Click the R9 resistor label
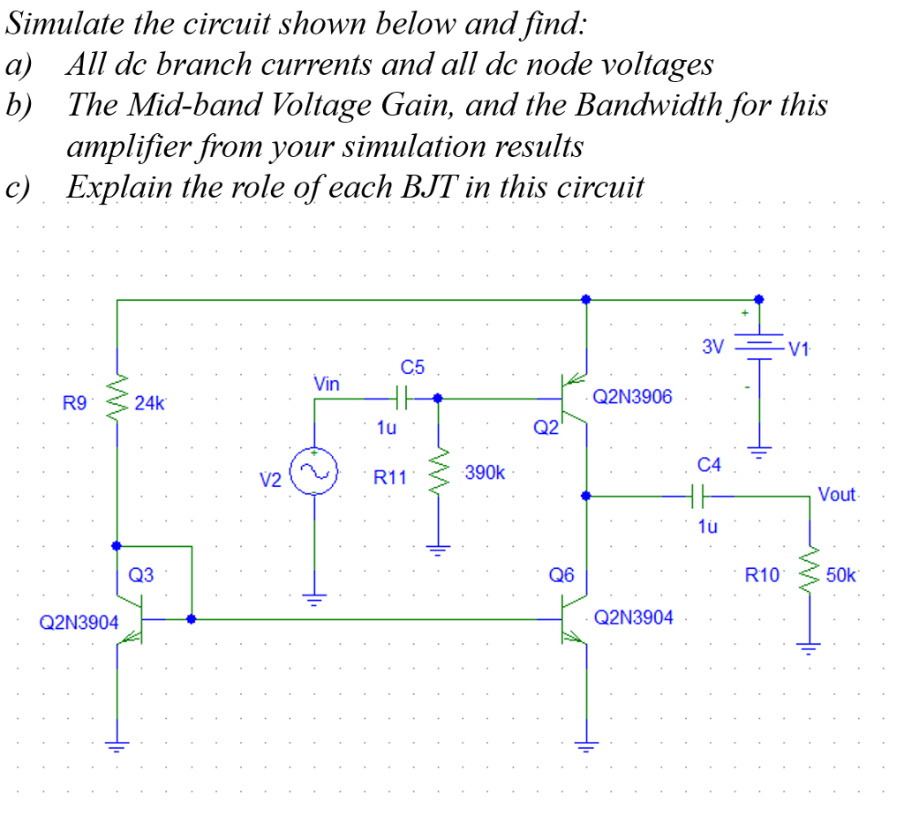pos(75,404)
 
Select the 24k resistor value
pos(149,404)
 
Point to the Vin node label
pos(326,384)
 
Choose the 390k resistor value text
pos(484,474)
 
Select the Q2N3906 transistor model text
pos(632,397)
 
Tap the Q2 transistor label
pos(546,430)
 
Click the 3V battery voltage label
pos(712,346)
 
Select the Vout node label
pos(837,494)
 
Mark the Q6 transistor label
pos(561,576)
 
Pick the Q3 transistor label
pos(141,576)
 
